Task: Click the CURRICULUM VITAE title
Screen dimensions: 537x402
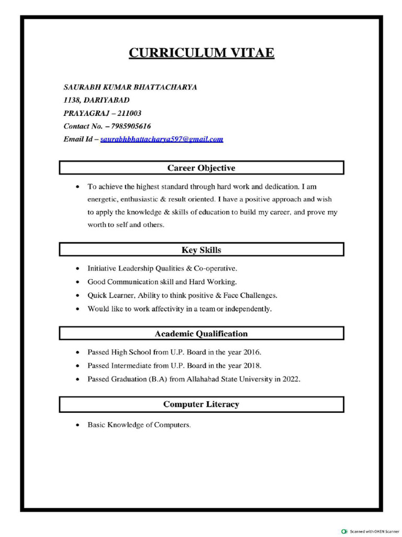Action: pyautogui.click(x=202, y=53)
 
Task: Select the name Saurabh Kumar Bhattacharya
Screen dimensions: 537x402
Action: pyautogui.click(x=130, y=87)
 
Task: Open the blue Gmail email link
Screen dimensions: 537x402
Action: pyautogui.click(x=162, y=139)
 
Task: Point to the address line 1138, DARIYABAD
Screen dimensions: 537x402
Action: pyautogui.click(x=96, y=100)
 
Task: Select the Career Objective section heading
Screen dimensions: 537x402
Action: pyautogui.click(x=202, y=168)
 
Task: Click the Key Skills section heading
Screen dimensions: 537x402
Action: pyautogui.click(x=202, y=250)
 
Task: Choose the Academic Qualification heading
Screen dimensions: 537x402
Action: pyautogui.click(x=202, y=334)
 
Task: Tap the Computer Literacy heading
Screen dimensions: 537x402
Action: pyautogui.click(x=202, y=404)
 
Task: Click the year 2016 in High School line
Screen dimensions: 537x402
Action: pyautogui.click(x=252, y=352)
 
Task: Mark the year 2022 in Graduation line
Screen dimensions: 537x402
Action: pyautogui.click(x=291, y=379)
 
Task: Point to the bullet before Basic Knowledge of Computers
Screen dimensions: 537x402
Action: pyautogui.click(x=77, y=425)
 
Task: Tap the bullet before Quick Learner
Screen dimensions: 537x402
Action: pyautogui.click(x=77, y=296)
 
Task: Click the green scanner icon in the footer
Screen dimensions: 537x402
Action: pyautogui.click(x=344, y=531)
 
